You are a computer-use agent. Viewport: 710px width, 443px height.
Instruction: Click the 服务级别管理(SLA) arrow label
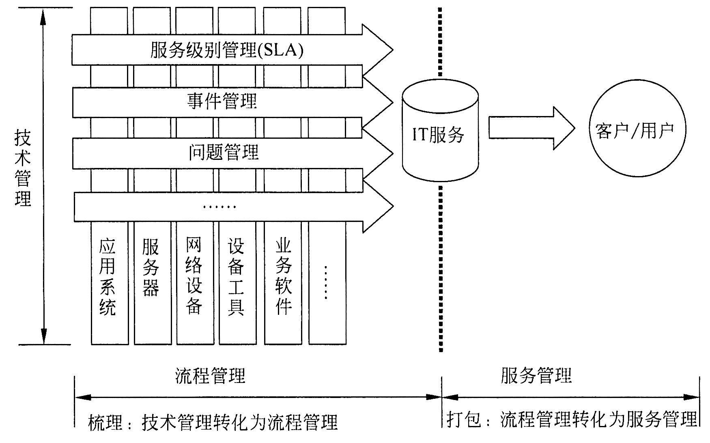point(227,51)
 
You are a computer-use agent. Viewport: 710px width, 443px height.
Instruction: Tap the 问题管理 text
point(224,153)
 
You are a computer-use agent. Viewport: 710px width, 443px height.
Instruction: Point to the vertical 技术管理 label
point(23,168)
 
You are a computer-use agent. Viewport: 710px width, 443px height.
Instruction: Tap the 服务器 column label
point(151,267)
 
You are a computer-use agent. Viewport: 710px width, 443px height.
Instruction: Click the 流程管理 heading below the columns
point(211,376)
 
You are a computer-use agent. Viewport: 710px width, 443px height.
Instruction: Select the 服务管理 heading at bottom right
point(536,375)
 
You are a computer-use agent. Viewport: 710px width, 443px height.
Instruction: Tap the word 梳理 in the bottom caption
point(105,423)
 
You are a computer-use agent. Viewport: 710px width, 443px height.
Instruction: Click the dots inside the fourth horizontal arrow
point(219,207)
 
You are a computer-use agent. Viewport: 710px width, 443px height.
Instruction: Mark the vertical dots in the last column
point(326,283)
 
